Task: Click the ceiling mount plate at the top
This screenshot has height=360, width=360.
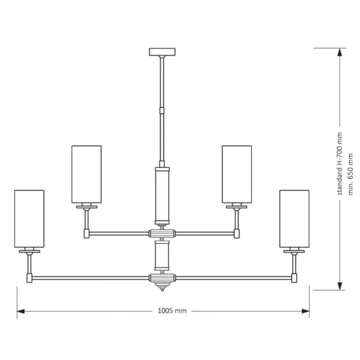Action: coord(162,52)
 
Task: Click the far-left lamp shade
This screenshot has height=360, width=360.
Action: coord(29,218)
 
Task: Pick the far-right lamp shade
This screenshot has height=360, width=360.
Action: coord(294,218)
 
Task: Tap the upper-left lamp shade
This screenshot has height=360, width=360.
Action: coord(86,174)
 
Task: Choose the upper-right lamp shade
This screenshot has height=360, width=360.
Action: coord(237,174)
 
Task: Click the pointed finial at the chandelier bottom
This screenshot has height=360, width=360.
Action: coord(162,289)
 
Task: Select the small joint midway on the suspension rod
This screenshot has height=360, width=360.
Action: coord(162,110)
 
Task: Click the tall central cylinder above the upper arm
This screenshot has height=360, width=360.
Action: coord(162,194)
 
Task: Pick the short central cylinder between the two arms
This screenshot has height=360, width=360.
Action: coord(162,255)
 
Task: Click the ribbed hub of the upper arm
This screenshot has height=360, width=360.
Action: coord(162,233)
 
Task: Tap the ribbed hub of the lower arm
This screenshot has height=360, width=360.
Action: coord(162,278)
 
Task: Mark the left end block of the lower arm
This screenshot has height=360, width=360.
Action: coord(29,278)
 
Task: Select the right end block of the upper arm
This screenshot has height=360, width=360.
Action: coord(237,233)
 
